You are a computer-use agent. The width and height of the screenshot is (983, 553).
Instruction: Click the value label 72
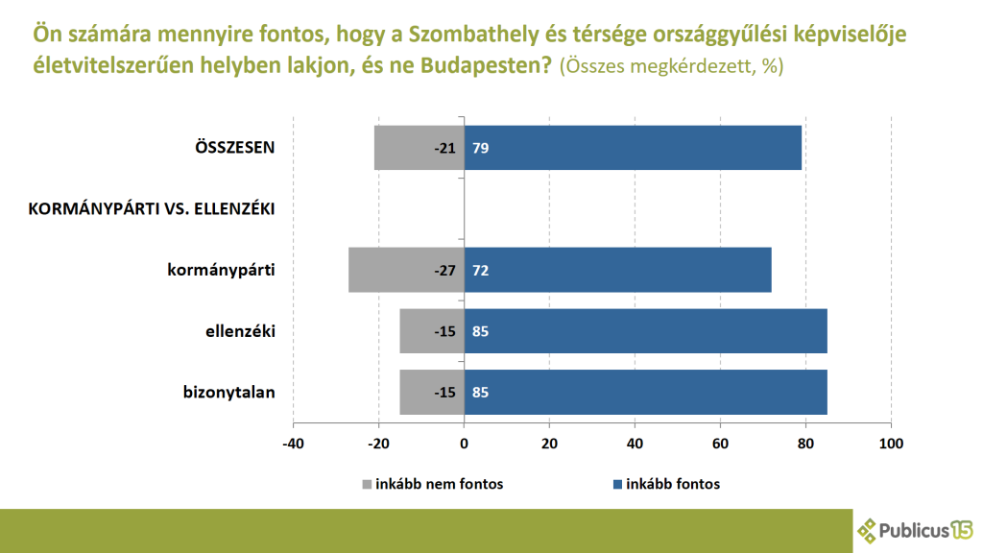[480, 270]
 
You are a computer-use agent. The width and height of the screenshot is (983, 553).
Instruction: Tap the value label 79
[480, 148]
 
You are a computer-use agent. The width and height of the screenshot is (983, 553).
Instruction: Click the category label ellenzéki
[241, 331]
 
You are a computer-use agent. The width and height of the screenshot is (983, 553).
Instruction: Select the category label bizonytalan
[229, 392]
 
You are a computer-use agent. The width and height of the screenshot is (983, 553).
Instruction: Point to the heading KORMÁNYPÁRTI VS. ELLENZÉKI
[153, 208]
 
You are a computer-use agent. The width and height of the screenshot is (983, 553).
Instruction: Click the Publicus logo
[916, 529]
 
